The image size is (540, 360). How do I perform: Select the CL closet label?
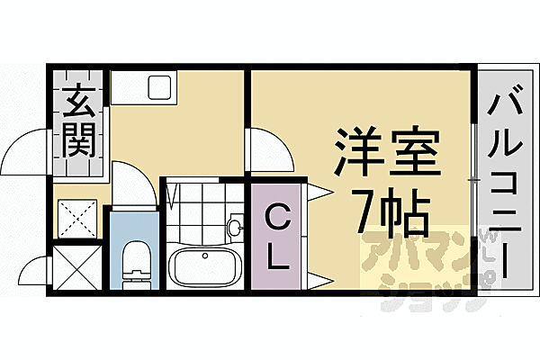277,236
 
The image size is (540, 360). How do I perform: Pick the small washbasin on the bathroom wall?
236,227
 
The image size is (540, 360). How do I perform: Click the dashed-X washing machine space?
77,217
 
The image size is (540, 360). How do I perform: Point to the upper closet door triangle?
317,191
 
